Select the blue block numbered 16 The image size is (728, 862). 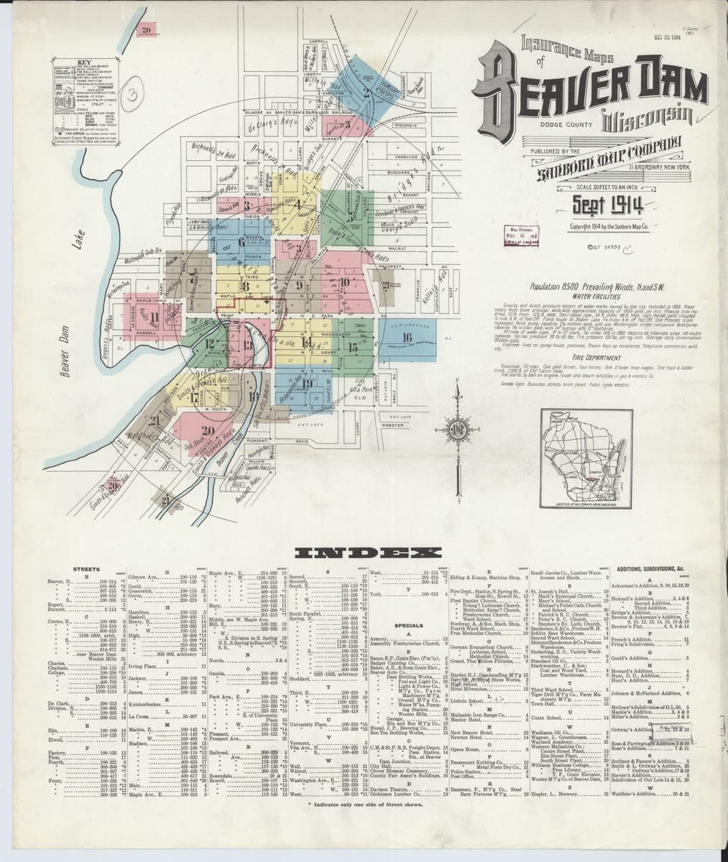coord(407,337)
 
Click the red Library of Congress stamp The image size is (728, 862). coord(527,235)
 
